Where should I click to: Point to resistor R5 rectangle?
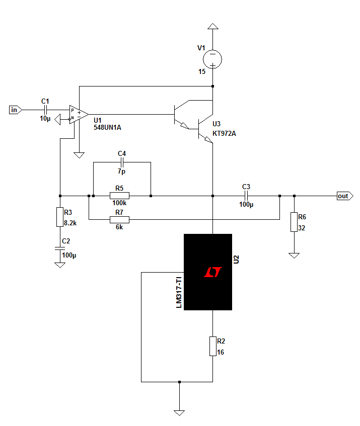(x=119, y=196)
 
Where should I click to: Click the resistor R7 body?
(x=119, y=219)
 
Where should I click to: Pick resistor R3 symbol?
(x=60, y=217)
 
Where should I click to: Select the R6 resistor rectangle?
(x=294, y=222)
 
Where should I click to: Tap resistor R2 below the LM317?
(x=212, y=346)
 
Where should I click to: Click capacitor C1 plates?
(x=45, y=110)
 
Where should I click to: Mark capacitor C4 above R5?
(x=122, y=162)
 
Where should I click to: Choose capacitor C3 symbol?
(x=246, y=196)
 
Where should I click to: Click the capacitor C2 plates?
(x=60, y=248)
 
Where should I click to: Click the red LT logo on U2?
(x=212, y=272)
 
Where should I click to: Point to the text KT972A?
(x=224, y=133)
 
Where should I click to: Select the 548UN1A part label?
(x=107, y=127)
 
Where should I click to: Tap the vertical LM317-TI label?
(x=179, y=292)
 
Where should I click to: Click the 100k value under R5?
(x=119, y=203)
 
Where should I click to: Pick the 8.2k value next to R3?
(x=70, y=223)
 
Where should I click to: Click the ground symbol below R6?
(x=294, y=255)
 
